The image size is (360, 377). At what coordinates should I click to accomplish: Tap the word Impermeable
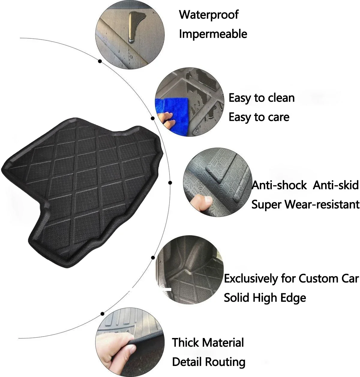tap(213, 34)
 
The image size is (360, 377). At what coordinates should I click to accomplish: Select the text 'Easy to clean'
tap(262, 98)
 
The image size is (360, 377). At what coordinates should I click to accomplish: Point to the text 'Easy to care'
tap(259, 117)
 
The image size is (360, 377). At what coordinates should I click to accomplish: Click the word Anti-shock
tap(279, 185)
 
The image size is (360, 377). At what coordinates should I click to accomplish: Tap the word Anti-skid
tap(336, 185)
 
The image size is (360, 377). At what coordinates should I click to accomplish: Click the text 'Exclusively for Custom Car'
tap(291, 279)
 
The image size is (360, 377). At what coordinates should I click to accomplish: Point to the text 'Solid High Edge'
tap(265, 298)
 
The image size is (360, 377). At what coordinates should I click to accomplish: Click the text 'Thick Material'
tap(208, 343)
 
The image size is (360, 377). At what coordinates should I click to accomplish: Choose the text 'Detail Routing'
tap(208, 362)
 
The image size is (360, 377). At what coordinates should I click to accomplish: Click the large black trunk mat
tap(81, 186)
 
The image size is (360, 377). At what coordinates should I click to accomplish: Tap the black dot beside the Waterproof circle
tap(100, 61)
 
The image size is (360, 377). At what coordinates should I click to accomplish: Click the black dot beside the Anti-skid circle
tap(170, 182)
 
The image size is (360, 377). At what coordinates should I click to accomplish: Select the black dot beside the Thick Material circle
tap(102, 313)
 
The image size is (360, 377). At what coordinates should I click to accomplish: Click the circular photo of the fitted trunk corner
tap(189, 270)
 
